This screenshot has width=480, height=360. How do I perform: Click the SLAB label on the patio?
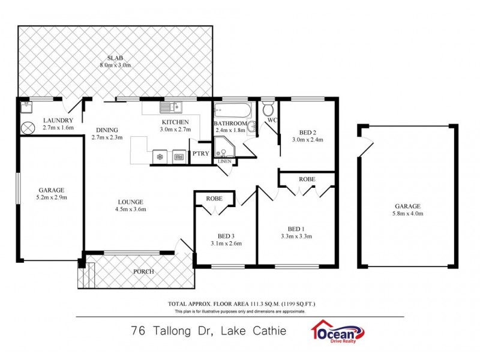click(x=116, y=58)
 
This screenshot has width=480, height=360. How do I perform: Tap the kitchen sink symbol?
click(x=170, y=108)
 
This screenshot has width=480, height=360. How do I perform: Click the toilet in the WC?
click(x=268, y=109)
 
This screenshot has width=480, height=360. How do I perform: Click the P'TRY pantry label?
click(x=199, y=153)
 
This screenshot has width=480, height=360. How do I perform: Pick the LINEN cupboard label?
click(x=224, y=161)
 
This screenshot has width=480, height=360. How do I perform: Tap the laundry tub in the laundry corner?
click(x=25, y=108)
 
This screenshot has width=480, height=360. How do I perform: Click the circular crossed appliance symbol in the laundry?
click(x=28, y=128)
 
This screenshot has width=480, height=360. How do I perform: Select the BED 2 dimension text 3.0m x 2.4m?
click(x=307, y=140)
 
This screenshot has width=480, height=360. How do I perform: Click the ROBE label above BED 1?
click(x=307, y=179)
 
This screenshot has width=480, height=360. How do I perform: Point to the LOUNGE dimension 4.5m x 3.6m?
click(x=130, y=209)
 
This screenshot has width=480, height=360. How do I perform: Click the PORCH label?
click(x=143, y=272)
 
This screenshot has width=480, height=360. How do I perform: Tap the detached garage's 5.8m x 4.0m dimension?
click(x=407, y=212)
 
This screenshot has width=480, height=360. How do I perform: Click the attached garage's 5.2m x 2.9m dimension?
click(x=50, y=197)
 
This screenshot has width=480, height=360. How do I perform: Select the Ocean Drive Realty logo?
click(x=337, y=331)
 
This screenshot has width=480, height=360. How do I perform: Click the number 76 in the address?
click(x=138, y=330)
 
